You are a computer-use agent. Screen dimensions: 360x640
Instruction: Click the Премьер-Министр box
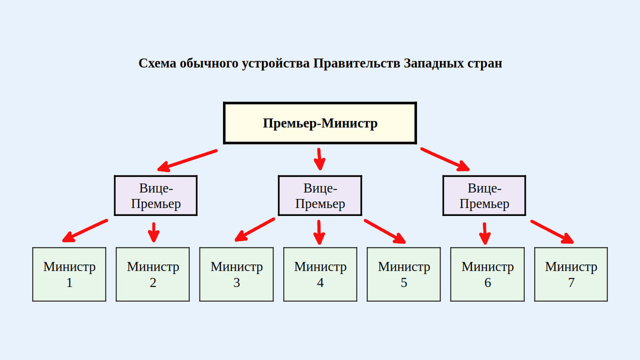319,123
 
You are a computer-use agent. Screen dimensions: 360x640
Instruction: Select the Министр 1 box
69,274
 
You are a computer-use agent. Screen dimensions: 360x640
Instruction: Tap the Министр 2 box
153,274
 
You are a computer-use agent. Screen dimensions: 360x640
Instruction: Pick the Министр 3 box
236,274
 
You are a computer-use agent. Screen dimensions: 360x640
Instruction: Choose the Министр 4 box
320,274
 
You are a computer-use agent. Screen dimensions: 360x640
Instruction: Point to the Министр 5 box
404,274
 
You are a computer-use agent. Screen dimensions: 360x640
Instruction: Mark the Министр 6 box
487,274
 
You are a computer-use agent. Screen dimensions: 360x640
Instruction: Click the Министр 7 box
571,274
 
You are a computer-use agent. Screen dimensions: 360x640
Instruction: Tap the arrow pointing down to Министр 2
154,232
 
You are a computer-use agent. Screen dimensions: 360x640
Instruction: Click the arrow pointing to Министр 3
255,229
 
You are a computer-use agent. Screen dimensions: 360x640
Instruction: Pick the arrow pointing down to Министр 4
319,232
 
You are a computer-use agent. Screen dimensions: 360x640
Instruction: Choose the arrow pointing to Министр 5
385,231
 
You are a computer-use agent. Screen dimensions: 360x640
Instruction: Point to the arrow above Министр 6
484,233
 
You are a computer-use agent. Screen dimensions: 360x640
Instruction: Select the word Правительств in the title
356,63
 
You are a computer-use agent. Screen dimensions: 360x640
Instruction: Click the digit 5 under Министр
404,283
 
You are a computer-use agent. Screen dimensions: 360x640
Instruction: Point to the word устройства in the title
276,63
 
